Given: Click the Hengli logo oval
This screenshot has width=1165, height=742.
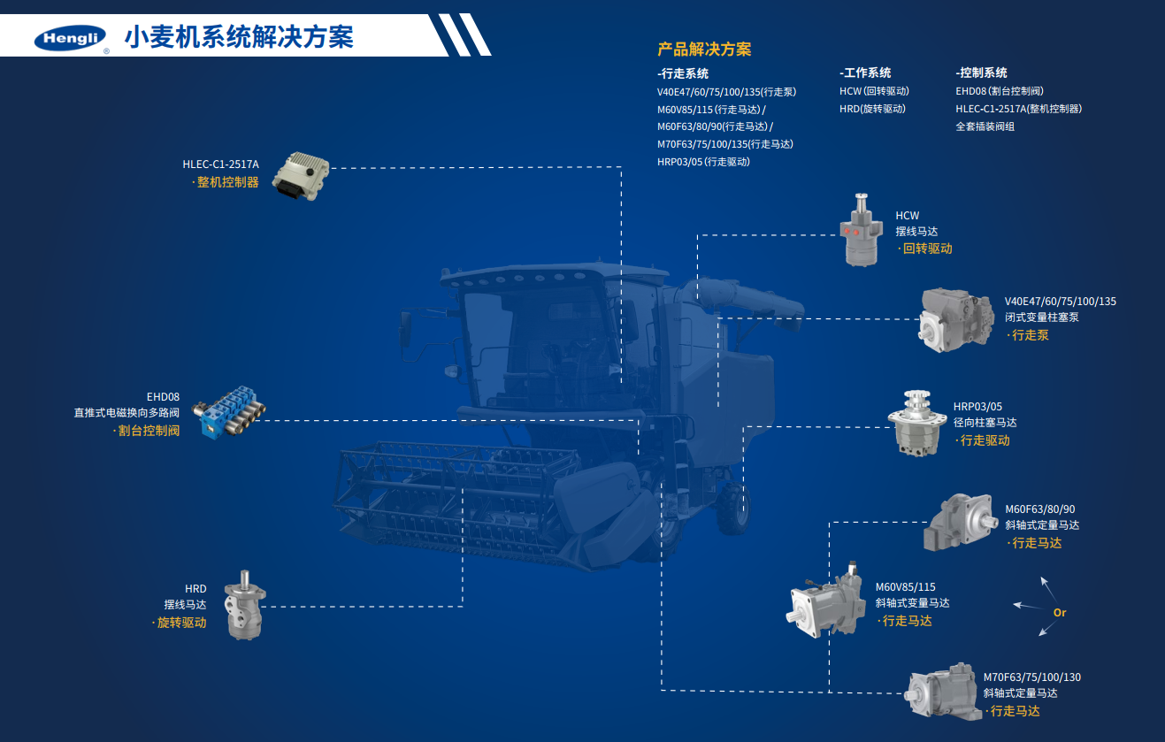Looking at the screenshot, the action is tap(70, 37).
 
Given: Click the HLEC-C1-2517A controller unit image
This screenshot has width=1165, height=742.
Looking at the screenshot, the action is tap(301, 176).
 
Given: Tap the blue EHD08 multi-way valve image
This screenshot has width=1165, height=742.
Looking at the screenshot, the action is tap(229, 412).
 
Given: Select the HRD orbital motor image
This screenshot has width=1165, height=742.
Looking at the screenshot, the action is tap(244, 605).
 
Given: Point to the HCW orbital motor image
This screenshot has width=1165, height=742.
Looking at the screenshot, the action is tap(862, 230).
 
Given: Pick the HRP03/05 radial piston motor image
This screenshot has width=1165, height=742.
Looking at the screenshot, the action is tap(917, 424).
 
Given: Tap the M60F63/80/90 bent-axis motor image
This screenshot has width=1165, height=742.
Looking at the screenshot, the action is tap(960, 522).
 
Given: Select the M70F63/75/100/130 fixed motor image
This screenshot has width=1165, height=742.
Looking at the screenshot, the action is tap(942, 692).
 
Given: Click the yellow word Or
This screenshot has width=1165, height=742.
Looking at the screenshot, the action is tap(1060, 613).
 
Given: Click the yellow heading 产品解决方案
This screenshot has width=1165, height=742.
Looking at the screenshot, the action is tap(704, 50).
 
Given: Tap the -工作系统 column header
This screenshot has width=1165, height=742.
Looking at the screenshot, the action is tap(865, 73).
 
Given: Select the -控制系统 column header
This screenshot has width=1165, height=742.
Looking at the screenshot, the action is tap(981, 73).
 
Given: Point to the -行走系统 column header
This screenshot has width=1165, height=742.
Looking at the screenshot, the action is tap(682, 73).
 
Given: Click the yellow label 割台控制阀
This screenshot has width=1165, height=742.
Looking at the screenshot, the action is tap(149, 431).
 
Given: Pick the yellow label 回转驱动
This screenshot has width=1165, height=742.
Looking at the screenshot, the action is tap(927, 249).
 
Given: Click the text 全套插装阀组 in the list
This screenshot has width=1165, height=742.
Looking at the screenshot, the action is tap(985, 126).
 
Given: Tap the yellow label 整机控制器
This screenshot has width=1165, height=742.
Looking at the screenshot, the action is tap(227, 182).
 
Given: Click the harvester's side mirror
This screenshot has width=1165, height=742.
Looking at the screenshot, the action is tap(404, 329).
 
